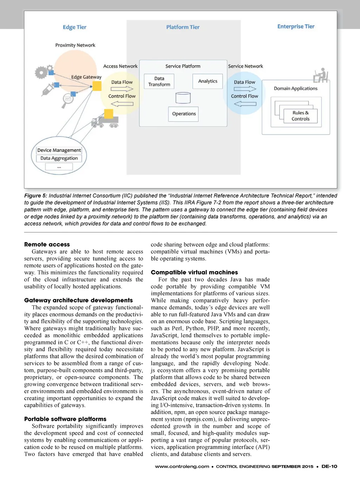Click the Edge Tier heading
click(x=75, y=27)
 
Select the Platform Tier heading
click(x=183, y=27)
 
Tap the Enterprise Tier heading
click(x=296, y=26)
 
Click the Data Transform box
click(x=159, y=81)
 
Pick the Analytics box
click(x=208, y=81)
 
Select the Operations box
click(x=184, y=114)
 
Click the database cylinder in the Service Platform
click(x=183, y=98)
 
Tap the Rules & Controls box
click(x=300, y=116)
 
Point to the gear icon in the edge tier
click(x=41, y=72)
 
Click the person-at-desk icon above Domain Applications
click(x=321, y=75)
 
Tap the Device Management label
click(x=59, y=150)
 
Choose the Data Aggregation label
click(x=59, y=158)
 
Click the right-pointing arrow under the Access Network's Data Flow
click(x=122, y=89)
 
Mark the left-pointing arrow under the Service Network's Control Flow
click(x=245, y=104)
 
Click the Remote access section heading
click(x=47, y=244)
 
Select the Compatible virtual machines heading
click(x=194, y=272)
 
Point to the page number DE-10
click(x=329, y=466)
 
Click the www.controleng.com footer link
click(x=182, y=466)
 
